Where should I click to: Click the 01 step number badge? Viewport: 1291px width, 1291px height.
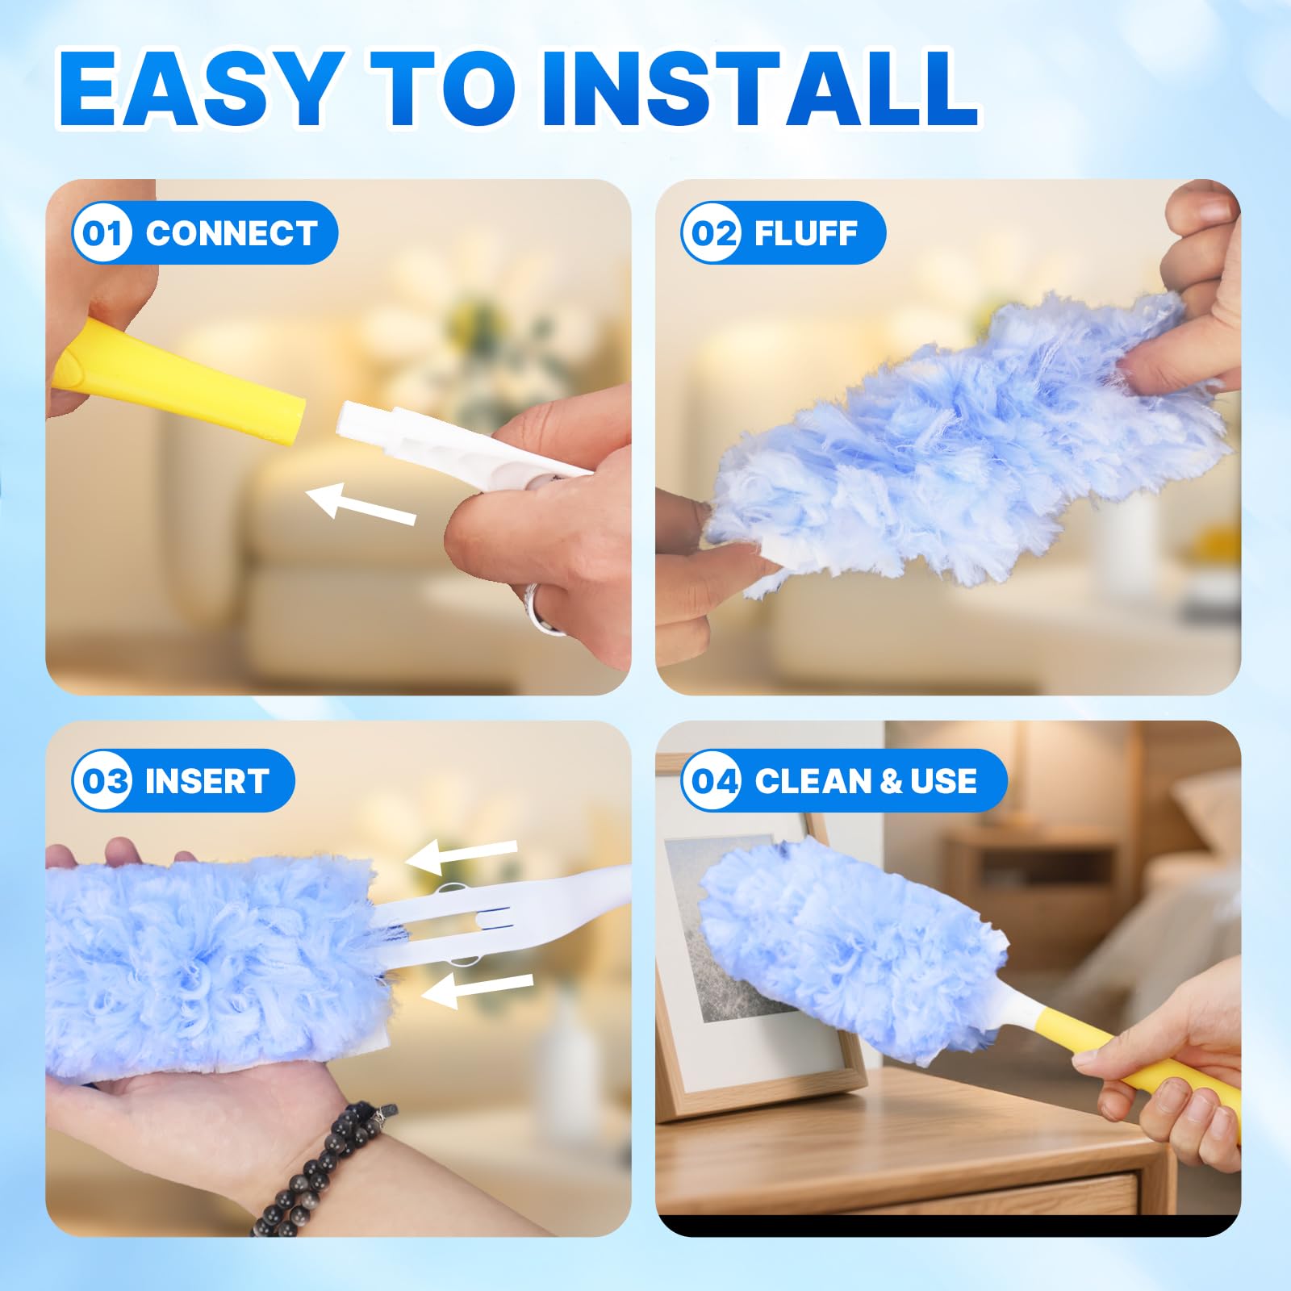click(102, 233)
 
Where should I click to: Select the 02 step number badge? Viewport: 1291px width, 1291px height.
click(711, 233)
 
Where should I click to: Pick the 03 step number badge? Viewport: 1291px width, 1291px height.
click(102, 780)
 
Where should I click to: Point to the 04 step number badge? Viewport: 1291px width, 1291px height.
click(711, 780)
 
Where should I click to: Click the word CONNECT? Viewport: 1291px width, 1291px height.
click(231, 233)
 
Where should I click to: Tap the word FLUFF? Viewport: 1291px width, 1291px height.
click(805, 233)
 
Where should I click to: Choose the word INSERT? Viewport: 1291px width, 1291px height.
click(207, 781)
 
